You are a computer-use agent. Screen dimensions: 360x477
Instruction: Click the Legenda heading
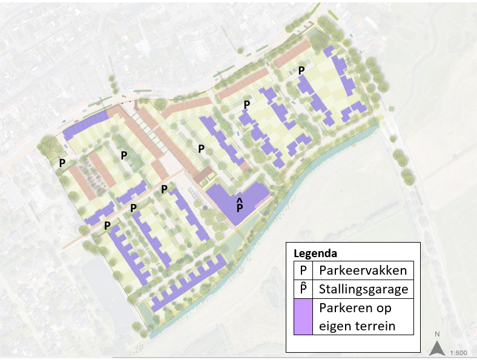pyautogui.click(x=315, y=253)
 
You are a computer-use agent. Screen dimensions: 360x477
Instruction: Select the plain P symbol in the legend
pyautogui.click(x=303, y=270)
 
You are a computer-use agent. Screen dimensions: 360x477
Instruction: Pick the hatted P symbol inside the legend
pyautogui.click(x=303, y=289)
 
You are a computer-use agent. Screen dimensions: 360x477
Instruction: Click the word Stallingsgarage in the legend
pyautogui.click(x=363, y=289)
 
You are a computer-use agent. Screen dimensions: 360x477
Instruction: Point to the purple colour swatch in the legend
pyautogui.click(x=303, y=317)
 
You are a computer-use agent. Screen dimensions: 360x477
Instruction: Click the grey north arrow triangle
pyautogui.click(x=436, y=349)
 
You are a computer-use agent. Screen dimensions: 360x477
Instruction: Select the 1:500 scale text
pyautogui.click(x=458, y=352)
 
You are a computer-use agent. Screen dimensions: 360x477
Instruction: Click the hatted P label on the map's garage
pyautogui.click(x=240, y=207)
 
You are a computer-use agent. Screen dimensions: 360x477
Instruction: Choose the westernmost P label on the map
pyautogui.click(x=62, y=163)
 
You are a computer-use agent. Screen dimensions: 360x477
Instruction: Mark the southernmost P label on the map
pyautogui.click(x=107, y=226)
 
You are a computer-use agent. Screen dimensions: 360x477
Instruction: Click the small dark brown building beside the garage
pyautogui.click(x=203, y=175)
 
